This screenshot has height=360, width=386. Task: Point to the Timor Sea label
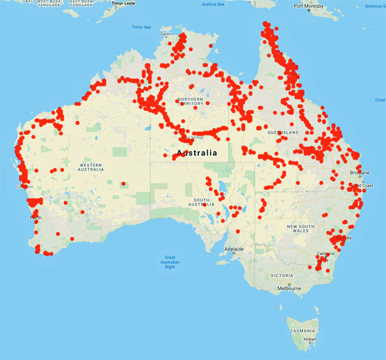pyautogui.click(x=141, y=27)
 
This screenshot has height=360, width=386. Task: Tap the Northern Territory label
pyautogui.click(x=190, y=100)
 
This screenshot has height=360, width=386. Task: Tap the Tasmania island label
pyautogui.click(x=302, y=330)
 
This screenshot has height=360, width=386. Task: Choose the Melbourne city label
pyautogui.click(x=289, y=289)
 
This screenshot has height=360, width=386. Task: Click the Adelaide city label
pyautogui.click(x=234, y=249)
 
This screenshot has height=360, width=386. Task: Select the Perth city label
pyautogui.click(x=36, y=218)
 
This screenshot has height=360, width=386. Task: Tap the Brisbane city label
pyautogui.click(x=360, y=173)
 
